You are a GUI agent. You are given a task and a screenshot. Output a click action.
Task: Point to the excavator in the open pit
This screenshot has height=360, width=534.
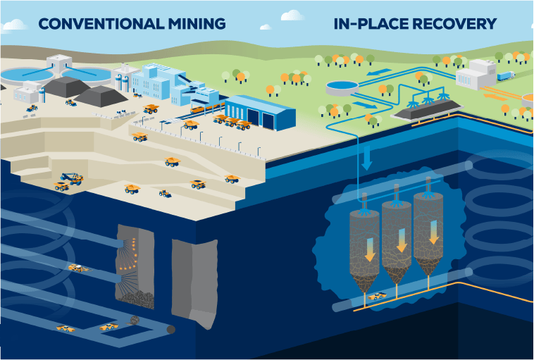pyautogui.click(x=70, y=177)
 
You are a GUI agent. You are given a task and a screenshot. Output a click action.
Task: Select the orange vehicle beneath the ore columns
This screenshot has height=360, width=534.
pyautogui.click(x=378, y=296)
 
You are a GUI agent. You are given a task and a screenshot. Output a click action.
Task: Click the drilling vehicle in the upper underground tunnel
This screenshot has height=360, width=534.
pyautogui.click(x=79, y=268)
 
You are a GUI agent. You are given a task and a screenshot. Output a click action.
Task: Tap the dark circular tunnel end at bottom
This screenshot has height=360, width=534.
pyautogui.click(x=170, y=330)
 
